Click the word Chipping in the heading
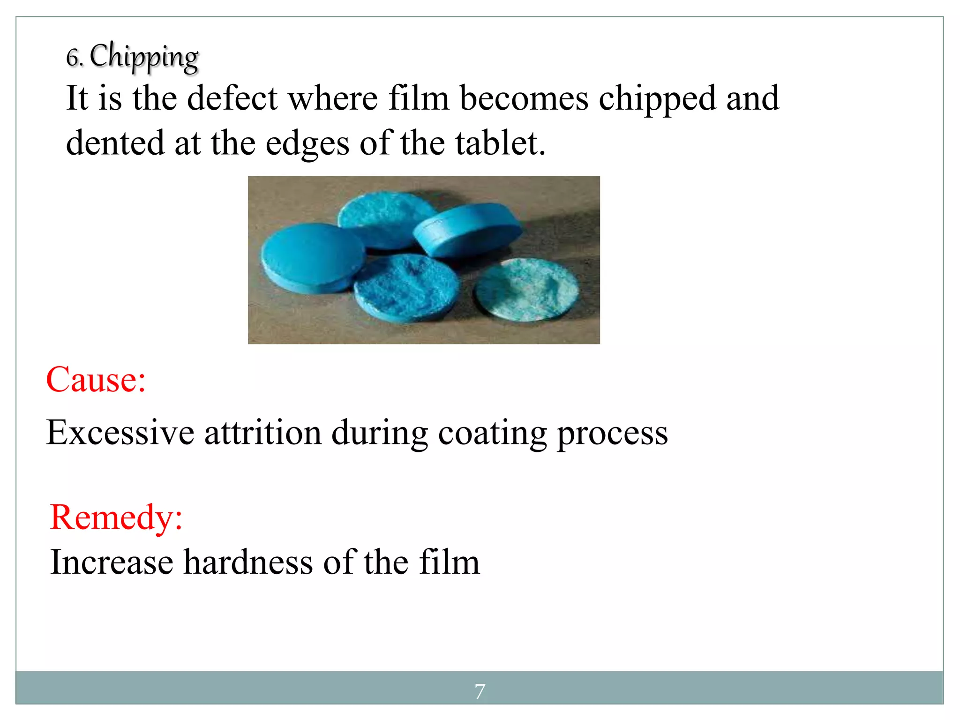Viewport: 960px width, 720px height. pyautogui.click(x=144, y=57)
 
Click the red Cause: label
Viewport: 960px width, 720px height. pyautogui.click(x=96, y=380)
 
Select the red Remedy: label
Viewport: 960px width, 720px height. pyautogui.click(x=116, y=517)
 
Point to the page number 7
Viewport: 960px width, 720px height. pyautogui.click(x=480, y=691)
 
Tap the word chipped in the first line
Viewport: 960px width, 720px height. pyautogui.click(x=657, y=99)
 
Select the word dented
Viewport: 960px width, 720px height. pyautogui.click(x=115, y=143)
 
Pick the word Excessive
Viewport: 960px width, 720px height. pyautogui.click(x=120, y=432)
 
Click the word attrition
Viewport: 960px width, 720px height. pyautogui.click(x=263, y=432)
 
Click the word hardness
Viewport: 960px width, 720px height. pyautogui.click(x=248, y=562)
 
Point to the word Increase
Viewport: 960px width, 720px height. pyautogui.click(x=112, y=562)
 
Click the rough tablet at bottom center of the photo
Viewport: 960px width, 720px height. pyautogui.click(x=405, y=287)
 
